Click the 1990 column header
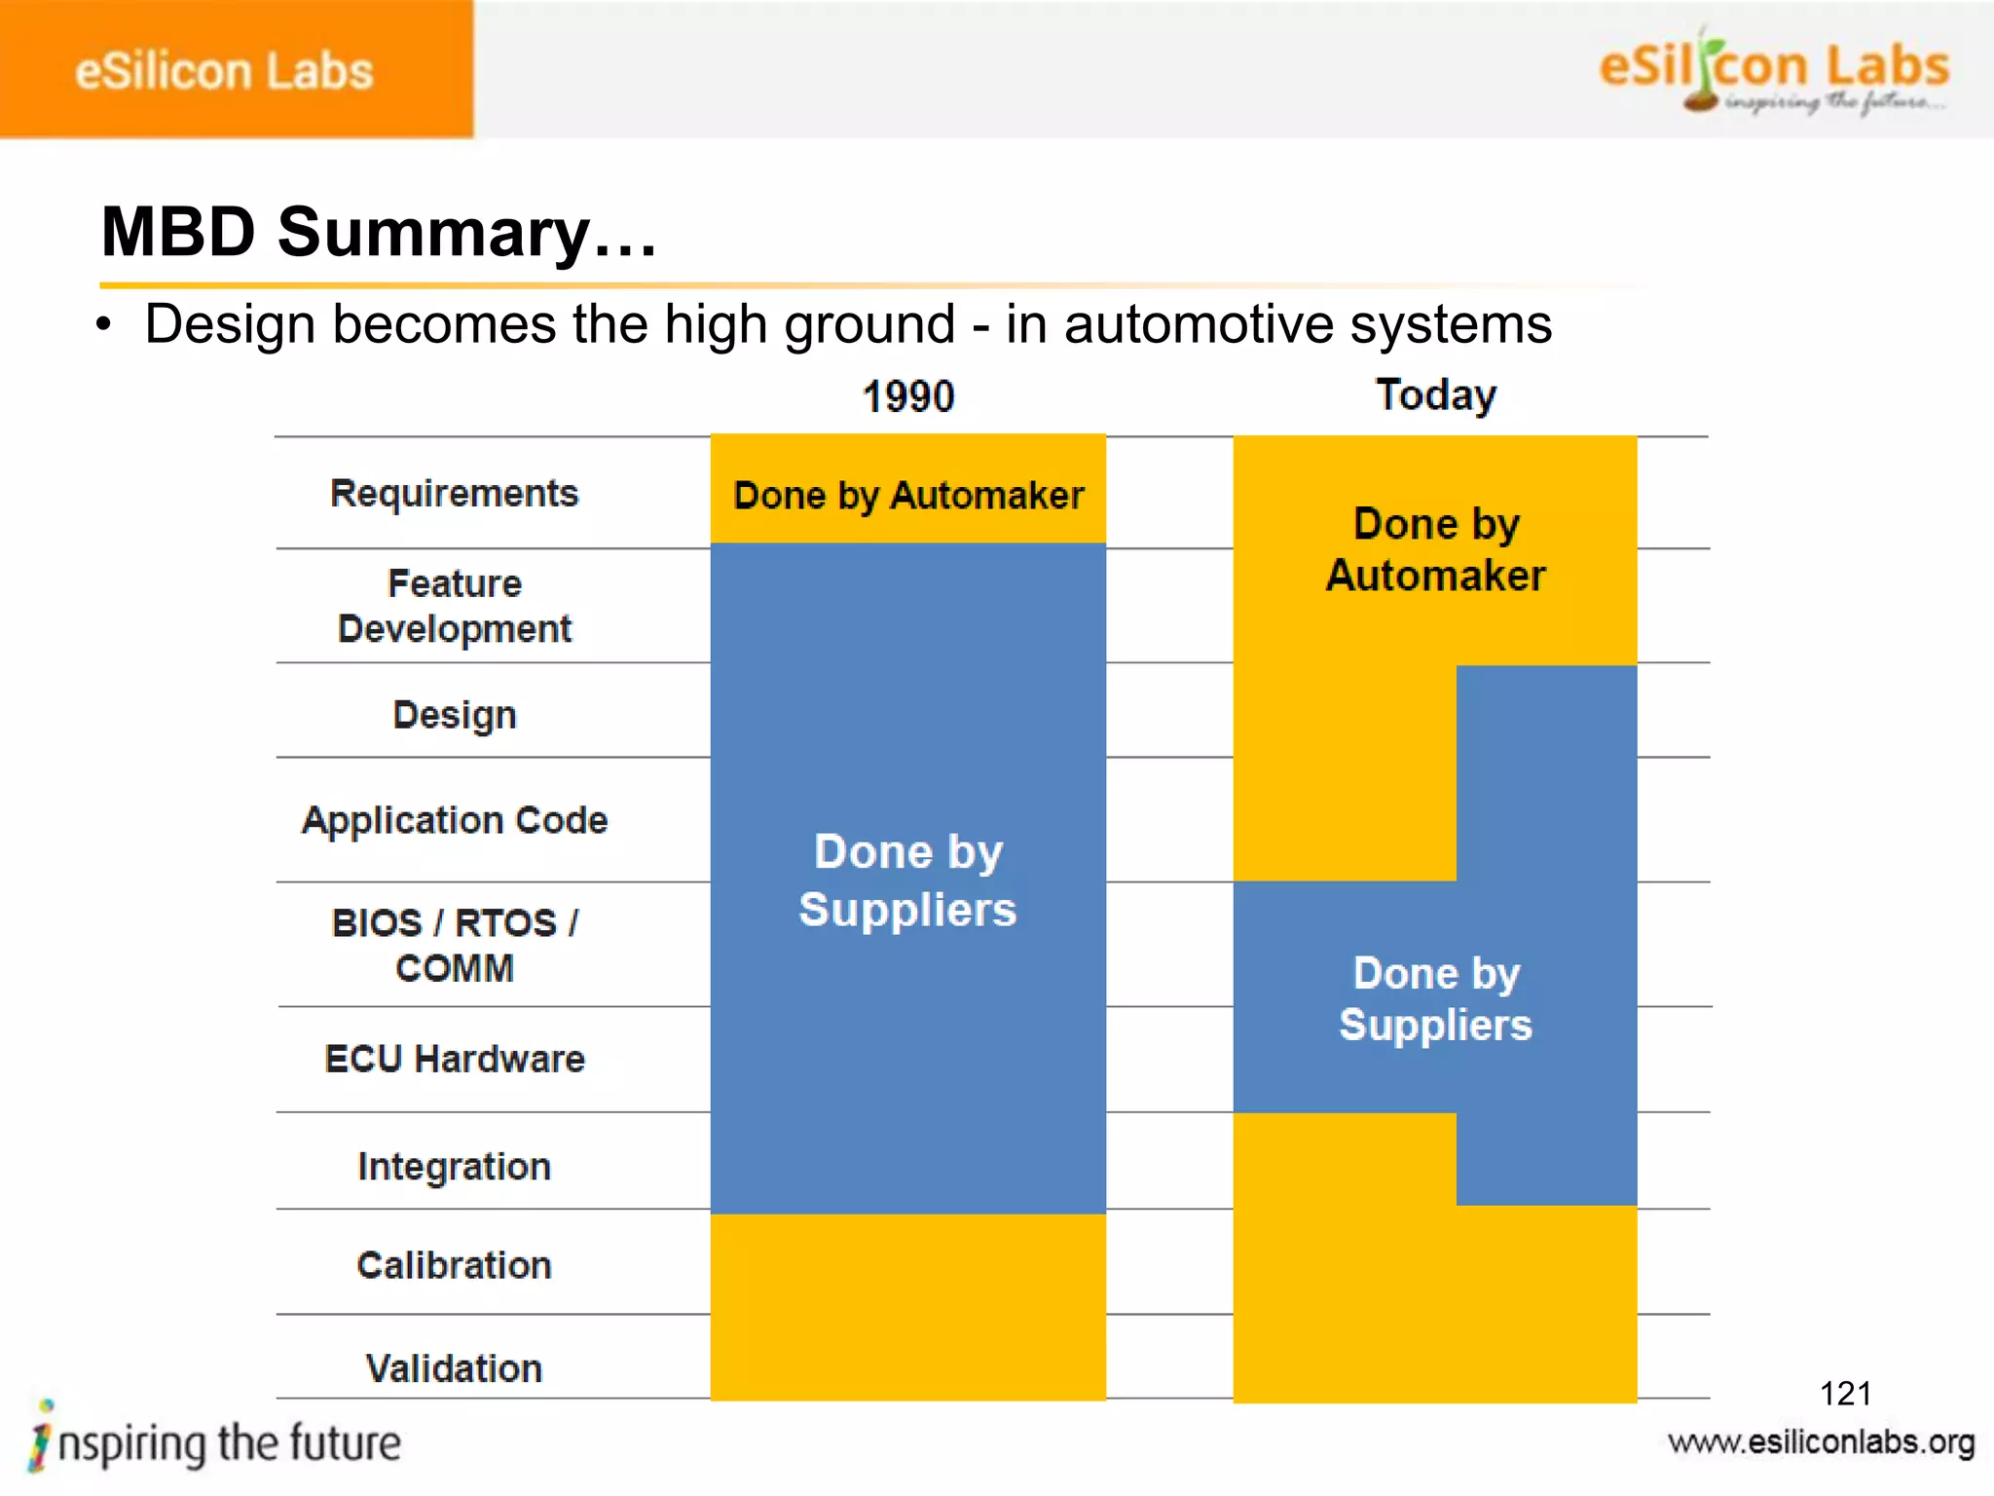908,396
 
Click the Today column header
1435,395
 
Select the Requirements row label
454,494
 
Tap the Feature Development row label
454,606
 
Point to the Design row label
454,715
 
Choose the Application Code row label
454,820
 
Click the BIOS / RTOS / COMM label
454,945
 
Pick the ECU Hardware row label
454,1059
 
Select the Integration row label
454,1166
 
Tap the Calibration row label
454,1265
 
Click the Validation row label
454,1368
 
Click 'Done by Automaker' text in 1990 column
908,496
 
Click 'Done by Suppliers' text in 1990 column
907,880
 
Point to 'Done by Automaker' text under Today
1435,549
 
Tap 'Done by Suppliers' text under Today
1435,998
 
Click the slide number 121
1845,1394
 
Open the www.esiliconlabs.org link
1821,1442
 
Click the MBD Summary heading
379,232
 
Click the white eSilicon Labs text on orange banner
224,71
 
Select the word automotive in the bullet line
1199,323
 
